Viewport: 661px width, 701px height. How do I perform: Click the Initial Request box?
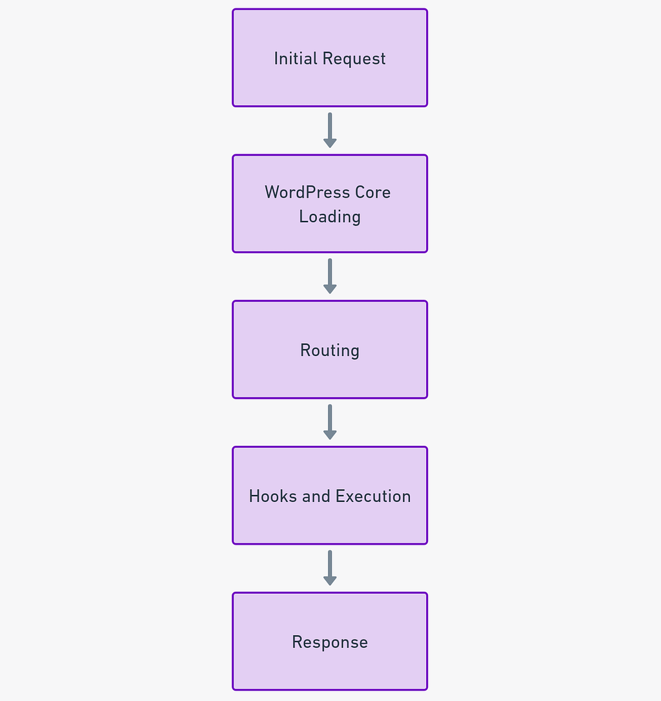click(x=330, y=58)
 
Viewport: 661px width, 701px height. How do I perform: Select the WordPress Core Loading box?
click(x=330, y=204)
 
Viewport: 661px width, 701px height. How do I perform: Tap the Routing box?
click(x=330, y=349)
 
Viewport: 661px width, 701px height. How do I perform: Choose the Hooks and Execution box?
click(x=330, y=496)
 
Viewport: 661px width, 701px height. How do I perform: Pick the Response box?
click(x=330, y=641)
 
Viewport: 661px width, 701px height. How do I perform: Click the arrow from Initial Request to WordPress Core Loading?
click(x=330, y=130)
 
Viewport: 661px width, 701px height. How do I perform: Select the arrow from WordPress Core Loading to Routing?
click(x=330, y=276)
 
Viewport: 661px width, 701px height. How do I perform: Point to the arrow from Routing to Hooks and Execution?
click(x=330, y=422)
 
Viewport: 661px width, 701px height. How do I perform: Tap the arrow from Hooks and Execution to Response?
click(x=330, y=568)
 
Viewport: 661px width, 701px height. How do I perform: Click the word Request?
click(x=354, y=59)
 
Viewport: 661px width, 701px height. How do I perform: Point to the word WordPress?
click(x=307, y=192)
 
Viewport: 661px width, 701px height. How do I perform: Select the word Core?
click(x=373, y=193)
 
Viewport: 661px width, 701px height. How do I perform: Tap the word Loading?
click(x=330, y=217)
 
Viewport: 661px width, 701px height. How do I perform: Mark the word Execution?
click(x=373, y=496)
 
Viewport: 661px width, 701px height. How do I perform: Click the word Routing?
click(x=330, y=350)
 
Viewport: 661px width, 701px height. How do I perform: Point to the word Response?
click(x=330, y=642)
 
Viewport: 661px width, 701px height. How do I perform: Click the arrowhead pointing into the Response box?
click(x=330, y=581)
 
